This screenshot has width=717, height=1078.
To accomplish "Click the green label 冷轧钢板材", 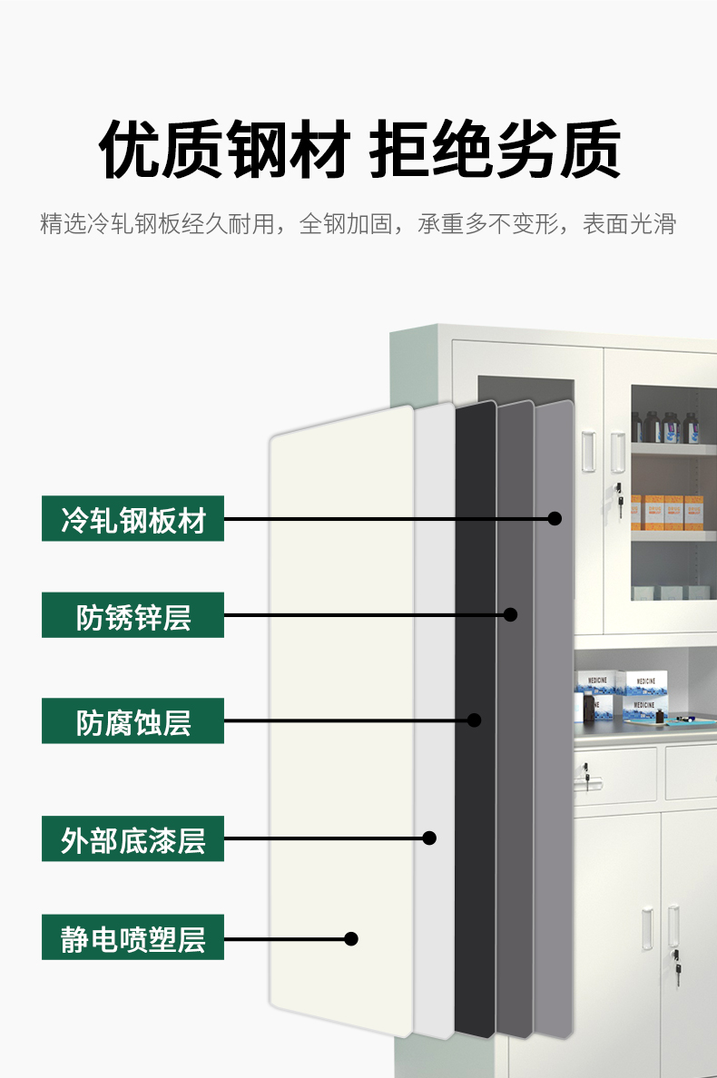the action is (133, 519).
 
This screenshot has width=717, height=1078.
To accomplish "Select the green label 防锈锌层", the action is (133, 615).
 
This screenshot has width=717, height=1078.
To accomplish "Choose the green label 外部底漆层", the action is (133, 838).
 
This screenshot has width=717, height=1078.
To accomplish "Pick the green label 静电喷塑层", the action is (133, 937).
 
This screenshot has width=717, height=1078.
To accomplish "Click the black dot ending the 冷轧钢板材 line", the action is (555, 519).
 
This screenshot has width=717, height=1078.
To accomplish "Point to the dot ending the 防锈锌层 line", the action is (510, 614).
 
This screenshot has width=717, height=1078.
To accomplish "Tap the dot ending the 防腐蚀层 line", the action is (474, 720).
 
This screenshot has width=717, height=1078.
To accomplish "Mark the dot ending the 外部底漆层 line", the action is (430, 838).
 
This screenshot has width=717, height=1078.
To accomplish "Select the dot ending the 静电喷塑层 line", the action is (351, 938).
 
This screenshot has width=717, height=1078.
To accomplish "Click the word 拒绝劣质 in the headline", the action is (496, 150).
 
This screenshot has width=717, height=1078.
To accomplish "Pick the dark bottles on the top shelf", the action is (667, 426).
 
